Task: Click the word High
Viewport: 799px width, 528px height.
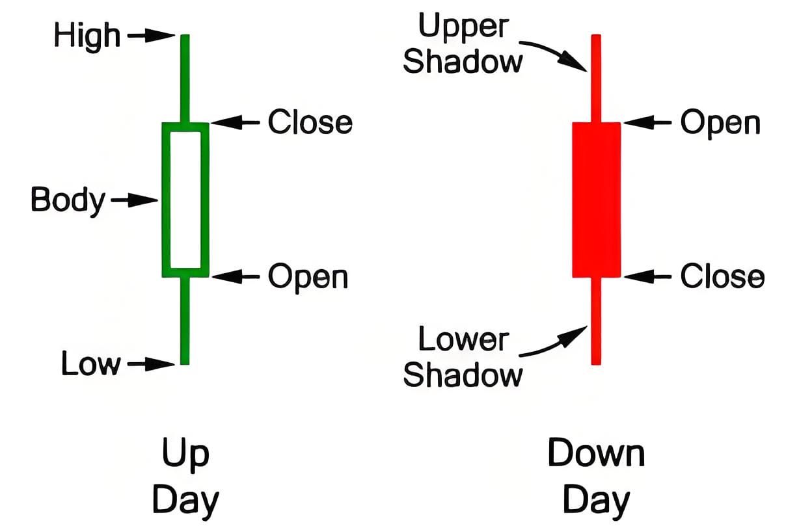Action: (x=87, y=36)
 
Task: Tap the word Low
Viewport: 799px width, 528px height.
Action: (x=90, y=363)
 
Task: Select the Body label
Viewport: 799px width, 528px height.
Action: (x=67, y=200)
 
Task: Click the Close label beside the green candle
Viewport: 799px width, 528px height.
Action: (x=310, y=122)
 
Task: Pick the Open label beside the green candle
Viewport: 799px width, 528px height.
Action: (x=308, y=277)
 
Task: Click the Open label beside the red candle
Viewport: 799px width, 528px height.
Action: (x=720, y=123)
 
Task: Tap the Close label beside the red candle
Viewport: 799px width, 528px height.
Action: (x=722, y=277)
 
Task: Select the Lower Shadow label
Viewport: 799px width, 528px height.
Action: (x=463, y=357)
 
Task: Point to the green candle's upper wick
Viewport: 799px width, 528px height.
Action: (x=185, y=78)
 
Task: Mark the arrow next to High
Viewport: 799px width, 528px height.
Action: (x=151, y=36)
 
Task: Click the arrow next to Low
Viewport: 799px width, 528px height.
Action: (x=151, y=364)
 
